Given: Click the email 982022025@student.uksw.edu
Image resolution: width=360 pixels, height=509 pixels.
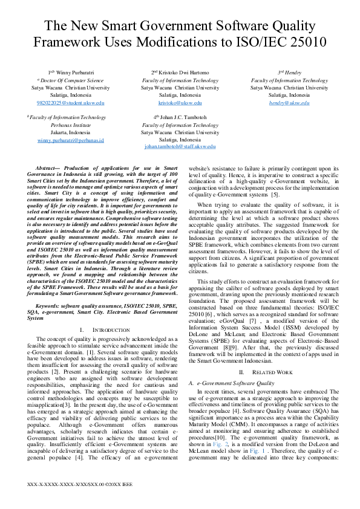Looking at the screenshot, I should (71, 103).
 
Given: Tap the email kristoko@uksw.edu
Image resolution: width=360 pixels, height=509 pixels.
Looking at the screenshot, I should (180, 103).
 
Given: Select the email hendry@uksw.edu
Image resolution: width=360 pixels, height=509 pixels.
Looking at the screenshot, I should (289, 103).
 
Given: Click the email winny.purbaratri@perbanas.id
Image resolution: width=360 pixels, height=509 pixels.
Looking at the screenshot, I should (71, 140).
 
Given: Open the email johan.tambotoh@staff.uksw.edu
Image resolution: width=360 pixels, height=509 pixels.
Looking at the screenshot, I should (180, 147).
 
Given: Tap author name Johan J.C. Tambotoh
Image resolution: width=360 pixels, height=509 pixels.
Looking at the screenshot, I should (183, 117).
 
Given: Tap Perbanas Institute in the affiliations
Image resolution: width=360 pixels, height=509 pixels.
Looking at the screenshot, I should (71, 125).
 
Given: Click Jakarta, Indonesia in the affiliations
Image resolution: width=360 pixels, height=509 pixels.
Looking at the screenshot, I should (71, 132).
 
